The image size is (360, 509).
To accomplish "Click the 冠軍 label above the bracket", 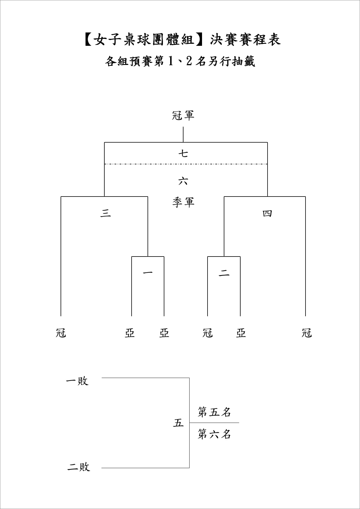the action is pyautogui.click(x=183, y=115).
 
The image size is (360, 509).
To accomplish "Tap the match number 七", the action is pyautogui.click(x=183, y=153).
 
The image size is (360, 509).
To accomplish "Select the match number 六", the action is pyautogui.click(x=183, y=181).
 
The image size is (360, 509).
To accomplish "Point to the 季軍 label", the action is pyautogui.click(x=183, y=202).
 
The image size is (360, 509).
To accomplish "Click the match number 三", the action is pyautogui.click(x=106, y=213).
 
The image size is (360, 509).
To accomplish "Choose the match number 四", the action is pyautogui.click(x=267, y=214).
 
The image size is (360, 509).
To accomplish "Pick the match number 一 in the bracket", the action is pyautogui.click(x=148, y=272).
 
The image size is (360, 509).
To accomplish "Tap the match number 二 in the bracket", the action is pyautogui.click(x=224, y=273).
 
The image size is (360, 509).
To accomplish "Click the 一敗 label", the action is pyautogui.click(x=77, y=381).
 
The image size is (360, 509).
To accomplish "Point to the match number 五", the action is pyautogui.click(x=178, y=423).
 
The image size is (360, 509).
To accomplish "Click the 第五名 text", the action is pyautogui.click(x=214, y=412).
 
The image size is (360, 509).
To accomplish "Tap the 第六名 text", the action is pyautogui.click(x=214, y=434).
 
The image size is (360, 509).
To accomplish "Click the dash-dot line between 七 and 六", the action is pyautogui.click(x=186, y=164).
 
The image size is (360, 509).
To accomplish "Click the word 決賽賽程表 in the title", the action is pyautogui.click(x=246, y=39).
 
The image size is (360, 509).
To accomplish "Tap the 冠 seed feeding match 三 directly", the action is pyautogui.click(x=61, y=333).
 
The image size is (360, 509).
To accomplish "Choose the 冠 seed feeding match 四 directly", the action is pyautogui.click(x=307, y=333).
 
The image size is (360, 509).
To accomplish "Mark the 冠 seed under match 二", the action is pyautogui.click(x=208, y=333).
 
